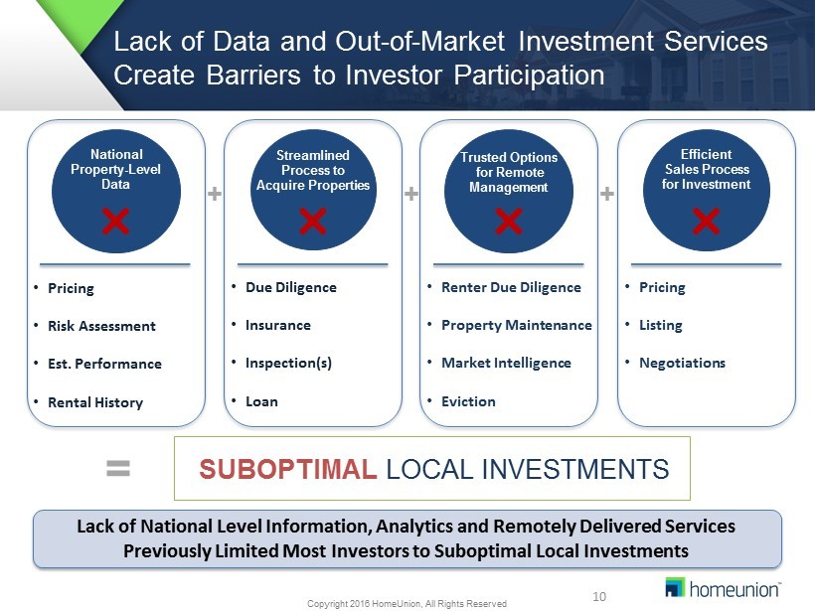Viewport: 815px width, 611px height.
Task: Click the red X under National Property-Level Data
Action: (x=115, y=222)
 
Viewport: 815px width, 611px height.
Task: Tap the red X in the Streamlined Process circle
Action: (x=313, y=222)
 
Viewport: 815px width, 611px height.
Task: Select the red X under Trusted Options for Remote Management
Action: (x=508, y=222)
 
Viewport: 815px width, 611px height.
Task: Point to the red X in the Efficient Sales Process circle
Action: (x=707, y=222)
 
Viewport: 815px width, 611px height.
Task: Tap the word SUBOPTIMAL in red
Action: (x=288, y=469)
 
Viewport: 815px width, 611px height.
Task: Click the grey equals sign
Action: (x=118, y=468)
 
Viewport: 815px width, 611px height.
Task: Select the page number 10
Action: (x=599, y=596)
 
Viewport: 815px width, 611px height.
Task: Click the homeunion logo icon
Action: (x=675, y=587)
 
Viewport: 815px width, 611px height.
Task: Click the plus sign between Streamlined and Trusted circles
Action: (x=411, y=194)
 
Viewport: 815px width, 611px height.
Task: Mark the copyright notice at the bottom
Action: (x=407, y=604)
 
